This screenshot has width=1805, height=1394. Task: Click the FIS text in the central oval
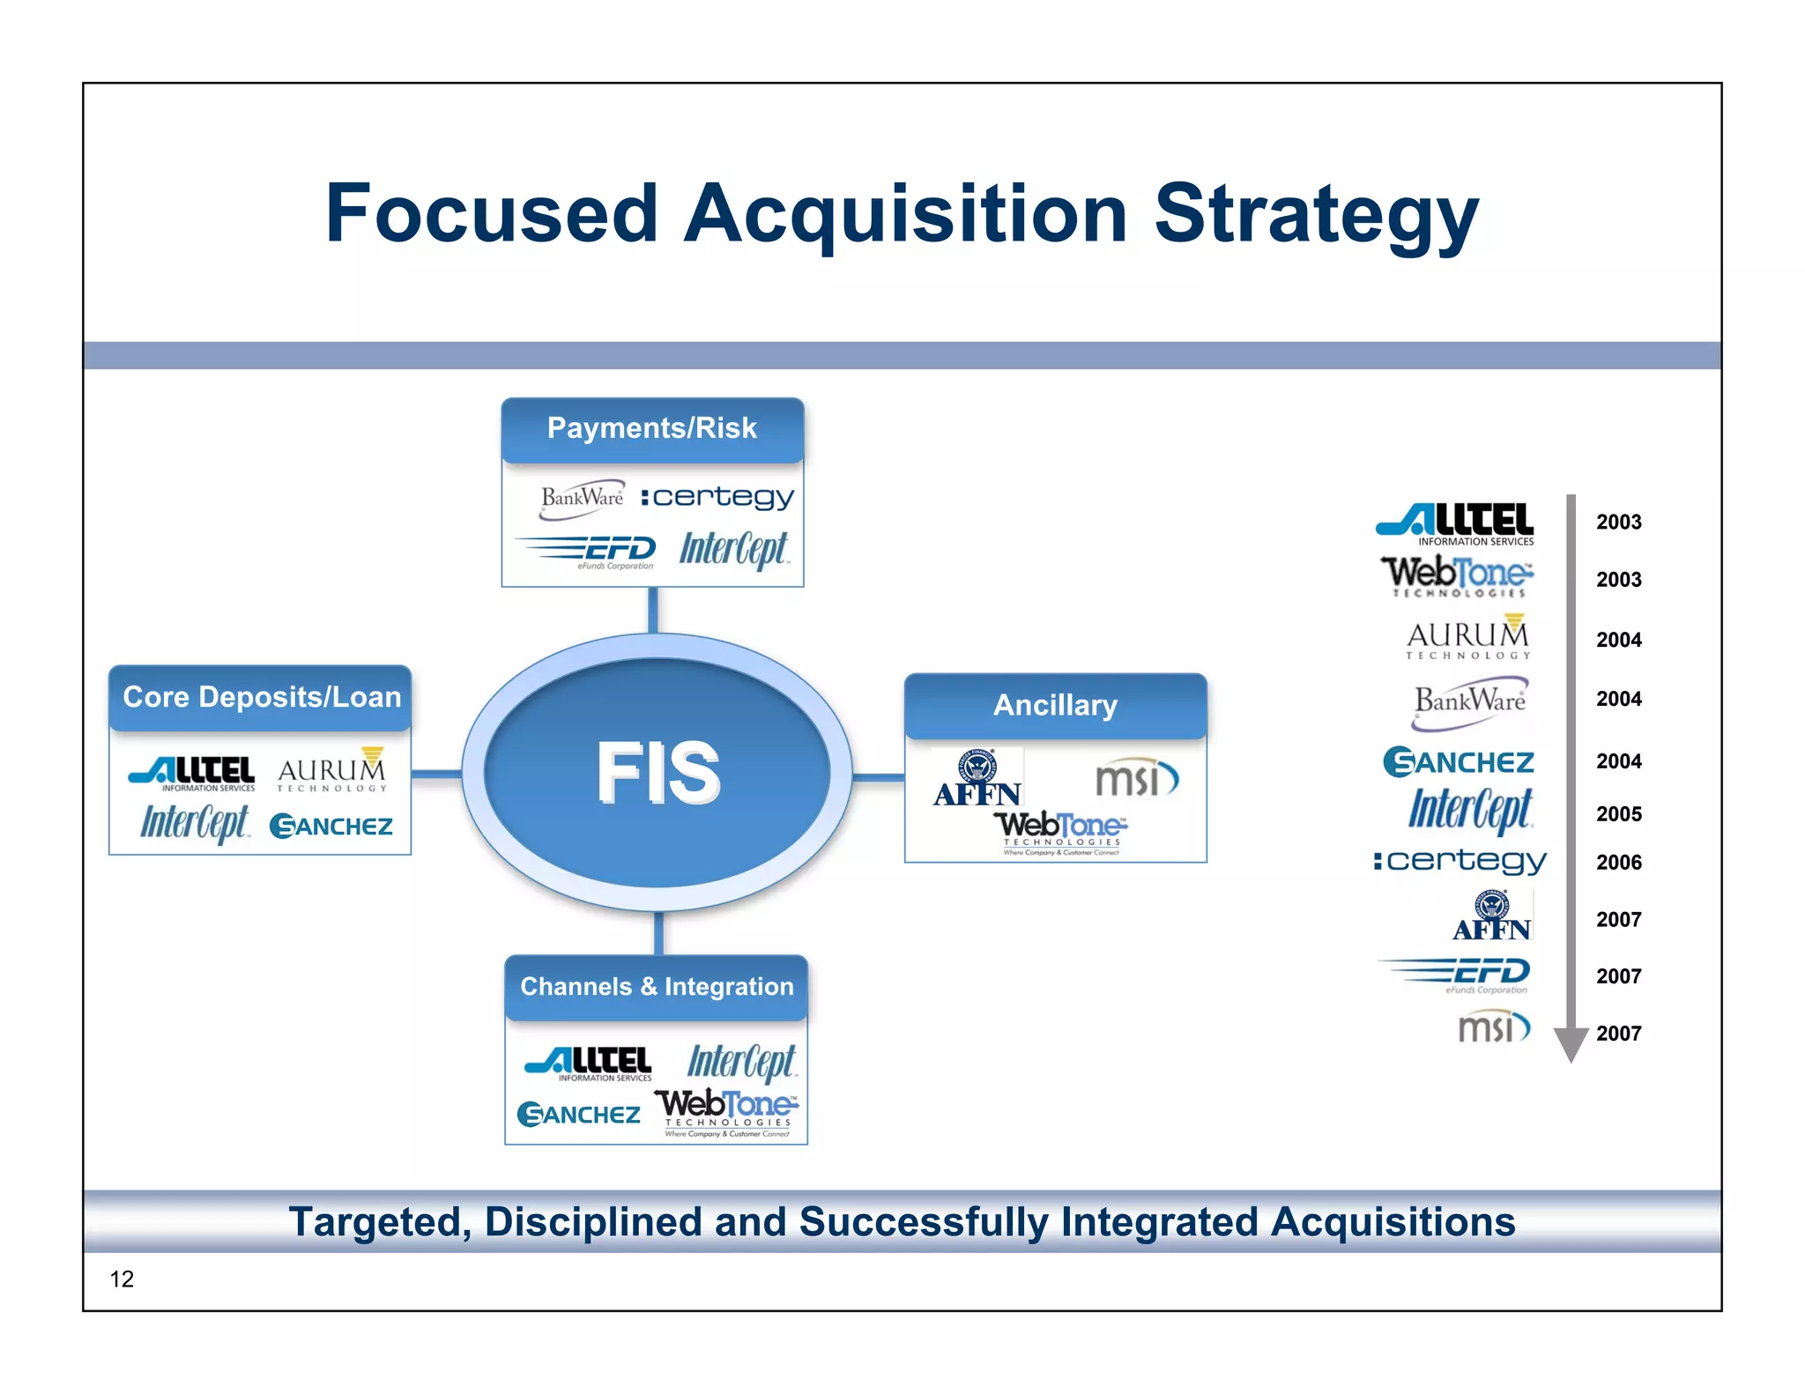pos(657,772)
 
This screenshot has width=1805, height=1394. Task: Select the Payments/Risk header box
pos(652,429)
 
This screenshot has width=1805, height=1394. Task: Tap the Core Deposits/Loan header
pos(261,697)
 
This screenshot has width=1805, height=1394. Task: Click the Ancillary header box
pos(1055,705)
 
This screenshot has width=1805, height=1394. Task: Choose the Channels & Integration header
pos(657,987)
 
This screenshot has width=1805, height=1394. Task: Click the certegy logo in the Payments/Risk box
pos(717,498)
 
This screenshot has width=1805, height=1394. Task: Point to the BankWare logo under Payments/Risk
pos(582,498)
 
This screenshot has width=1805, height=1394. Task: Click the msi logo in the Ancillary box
pos(1136,778)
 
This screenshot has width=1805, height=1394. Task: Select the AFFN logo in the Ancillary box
pos(977,779)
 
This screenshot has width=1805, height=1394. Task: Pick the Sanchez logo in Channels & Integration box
pos(579,1115)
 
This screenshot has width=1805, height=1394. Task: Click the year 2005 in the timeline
pos(1618,814)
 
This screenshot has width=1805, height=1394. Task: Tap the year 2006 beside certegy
pos(1618,863)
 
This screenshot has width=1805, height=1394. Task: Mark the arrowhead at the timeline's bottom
pos(1571,1044)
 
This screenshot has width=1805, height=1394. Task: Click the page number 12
pos(122,1279)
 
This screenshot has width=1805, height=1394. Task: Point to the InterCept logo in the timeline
pos(1470,810)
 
